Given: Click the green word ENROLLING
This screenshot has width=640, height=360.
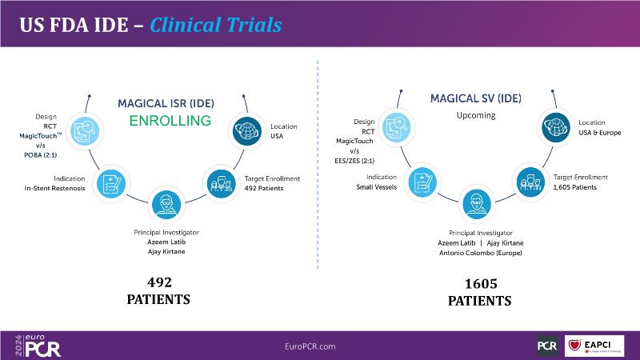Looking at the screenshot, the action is coord(170,121).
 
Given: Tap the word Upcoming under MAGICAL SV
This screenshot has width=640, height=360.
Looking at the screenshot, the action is coord(476,115).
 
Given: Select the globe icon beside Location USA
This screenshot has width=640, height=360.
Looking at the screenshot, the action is coord(247,131).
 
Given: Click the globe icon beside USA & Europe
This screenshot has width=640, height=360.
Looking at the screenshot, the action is coord(556,127).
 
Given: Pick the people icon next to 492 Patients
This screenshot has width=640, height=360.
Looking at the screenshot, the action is coord(222,184).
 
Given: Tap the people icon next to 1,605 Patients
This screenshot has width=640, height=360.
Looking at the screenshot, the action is coord(530,182).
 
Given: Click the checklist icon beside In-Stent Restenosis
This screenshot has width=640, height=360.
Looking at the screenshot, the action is coord(111,184).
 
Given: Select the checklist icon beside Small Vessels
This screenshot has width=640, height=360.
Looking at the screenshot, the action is coord(422,182).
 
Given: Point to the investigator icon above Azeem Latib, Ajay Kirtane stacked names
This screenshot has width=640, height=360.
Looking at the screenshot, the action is coord(166,205).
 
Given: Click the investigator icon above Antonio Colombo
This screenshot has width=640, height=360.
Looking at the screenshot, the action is coord(476,204).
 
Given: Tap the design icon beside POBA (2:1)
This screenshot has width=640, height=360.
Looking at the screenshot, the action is coord(85,131).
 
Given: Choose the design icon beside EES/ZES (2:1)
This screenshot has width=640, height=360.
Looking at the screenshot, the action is coord(396,127).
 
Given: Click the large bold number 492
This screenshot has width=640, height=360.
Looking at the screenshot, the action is coord(159,282).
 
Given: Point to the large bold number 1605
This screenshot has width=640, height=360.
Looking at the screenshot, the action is coord(481,284).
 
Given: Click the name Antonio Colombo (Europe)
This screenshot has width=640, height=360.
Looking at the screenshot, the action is coord(481,253).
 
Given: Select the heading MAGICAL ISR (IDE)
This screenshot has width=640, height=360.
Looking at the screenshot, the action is coord(166,104).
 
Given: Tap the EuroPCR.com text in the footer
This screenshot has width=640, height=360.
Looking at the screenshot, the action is coord(310,346).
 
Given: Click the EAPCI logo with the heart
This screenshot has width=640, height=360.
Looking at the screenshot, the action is coord(594,346).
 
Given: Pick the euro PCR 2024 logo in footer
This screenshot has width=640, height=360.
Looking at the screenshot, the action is coord(38,346).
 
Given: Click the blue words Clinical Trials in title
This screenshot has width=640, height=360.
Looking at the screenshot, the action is coord(215,25).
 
